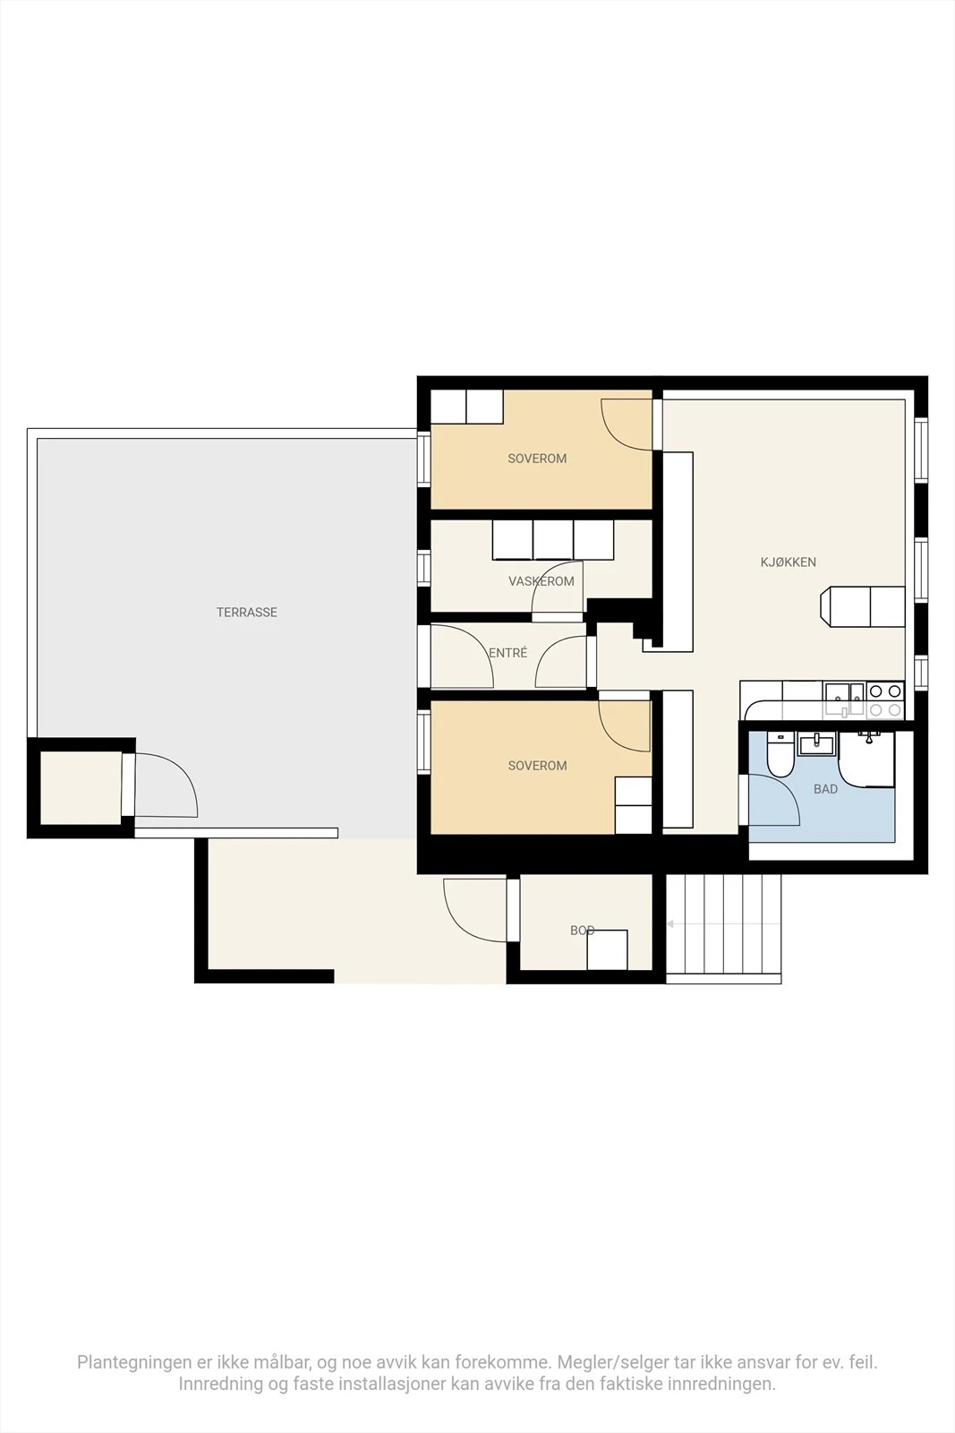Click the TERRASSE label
pyautogui.click(x=247, y=613)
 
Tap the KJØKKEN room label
pyautogui.click(x=789, y=562)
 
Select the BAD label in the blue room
pyautogui.click(x=825, y=789)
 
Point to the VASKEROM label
pyautogui.click(x=541, y=581)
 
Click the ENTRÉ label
pyautogui.click(x=508, y=653)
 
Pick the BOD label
pyautogui.click(x=583, y=931)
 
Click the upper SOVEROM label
pyautogui.click(x=537, y=459)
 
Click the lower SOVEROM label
pyautogui.click(x=537, y=766)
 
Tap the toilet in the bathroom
pyautogui.click(x=780, y=755)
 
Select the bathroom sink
pyautogui.click(x=817, y=744)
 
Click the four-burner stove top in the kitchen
pyautogui.click(x=885, y=699)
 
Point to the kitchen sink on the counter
pyautogui.click(x=844, y=699)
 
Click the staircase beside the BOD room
pyautogui.click(x=723, y=928)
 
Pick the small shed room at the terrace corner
pyautogui.click(x=81, y=788)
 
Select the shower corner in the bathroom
pyautogui.click(x=866, y=759)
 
